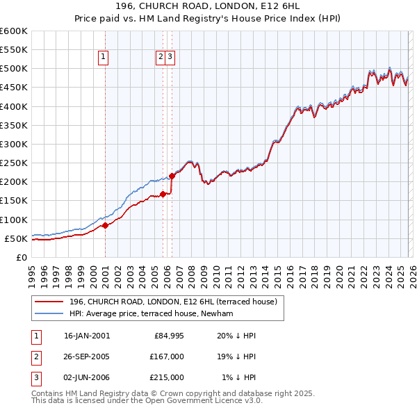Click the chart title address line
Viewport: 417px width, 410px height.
(208, 6)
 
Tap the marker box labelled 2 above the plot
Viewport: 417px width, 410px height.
(161, 58)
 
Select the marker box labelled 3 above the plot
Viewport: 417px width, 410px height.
(170, 58)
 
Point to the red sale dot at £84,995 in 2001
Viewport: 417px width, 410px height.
(105, 225)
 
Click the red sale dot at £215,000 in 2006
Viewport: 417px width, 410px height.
(171, 176)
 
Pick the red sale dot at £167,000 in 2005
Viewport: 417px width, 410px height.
(163, 195)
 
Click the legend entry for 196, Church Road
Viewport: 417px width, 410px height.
(173, 302)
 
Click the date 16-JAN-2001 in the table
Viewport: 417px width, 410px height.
(86, 336)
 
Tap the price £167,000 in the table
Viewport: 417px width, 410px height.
(167, 356)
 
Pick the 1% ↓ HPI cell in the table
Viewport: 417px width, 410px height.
(239, 377)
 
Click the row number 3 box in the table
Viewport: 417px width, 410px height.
(35, 377)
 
